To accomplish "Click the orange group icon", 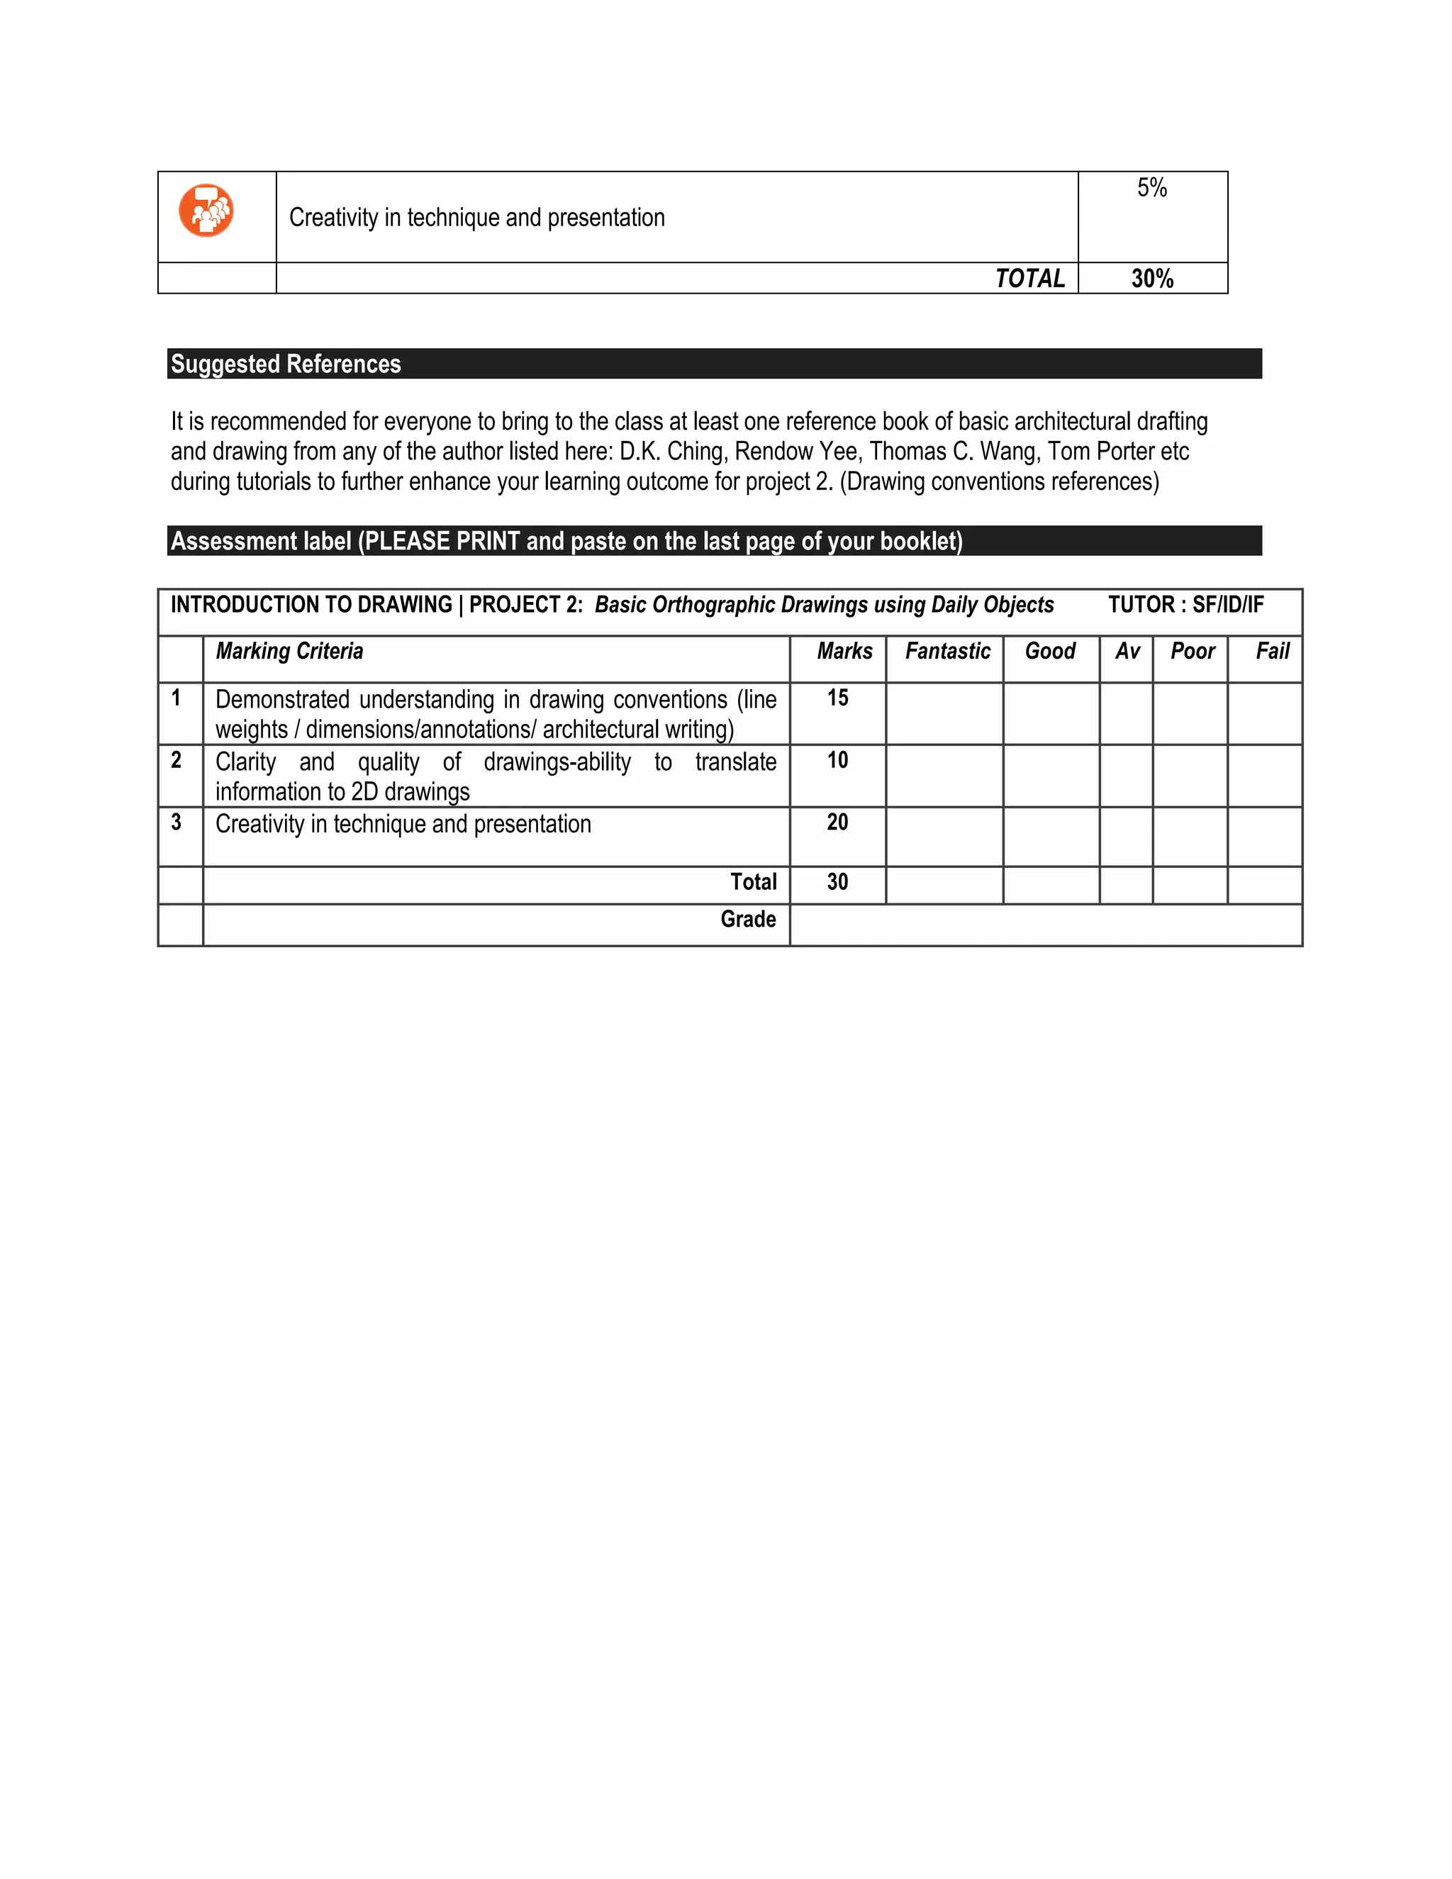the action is coord(206,210).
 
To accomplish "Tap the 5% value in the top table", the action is coord(1152,188).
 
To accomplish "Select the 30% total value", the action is coord(1152,279).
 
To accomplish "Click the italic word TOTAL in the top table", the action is coord(1029,279).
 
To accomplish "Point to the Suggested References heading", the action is coord(286,364).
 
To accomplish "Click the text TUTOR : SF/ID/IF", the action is coord(1185,605).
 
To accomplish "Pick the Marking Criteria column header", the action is coord(289,652).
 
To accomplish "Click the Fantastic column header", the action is coord(947,652).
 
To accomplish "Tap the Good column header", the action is coord(1049,652).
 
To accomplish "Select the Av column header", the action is coord(1127,652).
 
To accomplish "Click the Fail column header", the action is coord(1272,652).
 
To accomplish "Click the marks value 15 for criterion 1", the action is coord(837,698).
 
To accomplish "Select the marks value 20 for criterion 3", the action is coord(837,822).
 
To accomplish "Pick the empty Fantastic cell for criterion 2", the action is coord(944,775).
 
